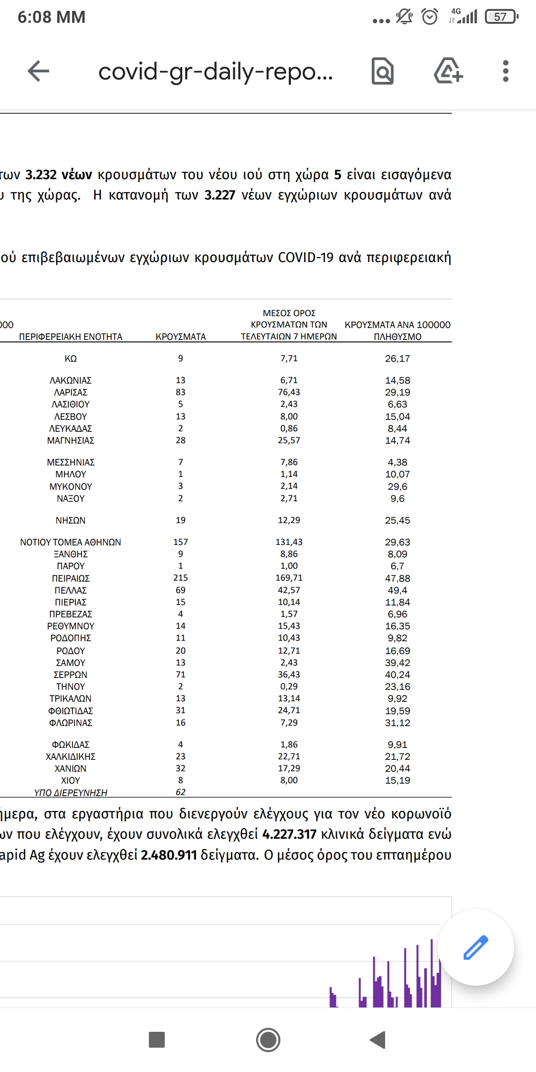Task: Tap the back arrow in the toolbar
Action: pyautogui.click(x=38, y=71)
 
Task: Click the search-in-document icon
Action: pyautogui.click(x=383, y=71)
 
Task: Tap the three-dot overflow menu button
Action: pyautogui.click(x=505, y=71)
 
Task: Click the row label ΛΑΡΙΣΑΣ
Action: pyautogui.click(x=70, y=392)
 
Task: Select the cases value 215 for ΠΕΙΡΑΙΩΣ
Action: pyautogui.click(x=181, y=578)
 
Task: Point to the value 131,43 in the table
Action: pyautogui.click(x=289, y=542)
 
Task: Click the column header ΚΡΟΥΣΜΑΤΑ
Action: pyautogui.click(x=181, y=336)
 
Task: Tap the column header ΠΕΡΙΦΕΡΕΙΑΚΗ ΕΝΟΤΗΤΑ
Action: pyautogui.click(x=70, y=336)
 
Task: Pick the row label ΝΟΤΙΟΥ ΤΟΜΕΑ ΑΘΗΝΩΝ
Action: pyautogui.click(x=70, y=542)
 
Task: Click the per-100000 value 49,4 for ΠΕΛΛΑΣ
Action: pyautogui.click(x=398, y=590)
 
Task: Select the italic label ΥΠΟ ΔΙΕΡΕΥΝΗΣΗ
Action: pyautogui.click(x=70, y=793)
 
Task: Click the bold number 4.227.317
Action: pyautogui.click(x=289, y=834)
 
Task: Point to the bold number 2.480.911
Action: pyautogui.click(x=169, y=855)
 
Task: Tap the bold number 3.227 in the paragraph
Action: pyautogui.click(x=220, y=195)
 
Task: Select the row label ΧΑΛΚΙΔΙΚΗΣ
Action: pyautogui.click(x=70, y=756)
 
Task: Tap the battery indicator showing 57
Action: pyautogui.click(x=501, y=17)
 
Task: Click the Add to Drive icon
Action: pyautogui.click(x=448, y=71)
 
